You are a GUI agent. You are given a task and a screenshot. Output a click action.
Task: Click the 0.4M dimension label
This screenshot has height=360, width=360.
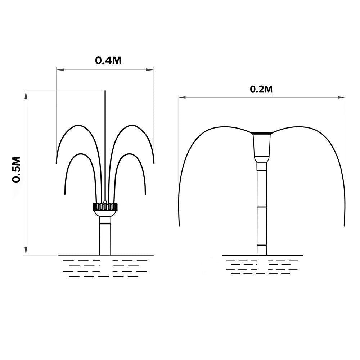[108, 60]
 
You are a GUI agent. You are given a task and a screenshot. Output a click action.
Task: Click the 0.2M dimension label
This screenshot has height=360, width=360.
[261, 89]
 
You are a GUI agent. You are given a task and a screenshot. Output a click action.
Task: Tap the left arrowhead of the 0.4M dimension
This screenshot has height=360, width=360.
[60, 69]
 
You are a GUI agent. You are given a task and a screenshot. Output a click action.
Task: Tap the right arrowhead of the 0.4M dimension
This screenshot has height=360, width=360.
[150, 69]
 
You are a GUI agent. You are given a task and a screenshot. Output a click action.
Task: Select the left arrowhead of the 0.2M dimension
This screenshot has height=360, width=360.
[183, 98]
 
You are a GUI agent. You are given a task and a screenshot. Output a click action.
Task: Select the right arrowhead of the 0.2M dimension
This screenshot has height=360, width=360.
[341, 98]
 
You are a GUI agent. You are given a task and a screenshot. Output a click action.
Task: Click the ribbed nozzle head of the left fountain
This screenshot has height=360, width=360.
[105, 206]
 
